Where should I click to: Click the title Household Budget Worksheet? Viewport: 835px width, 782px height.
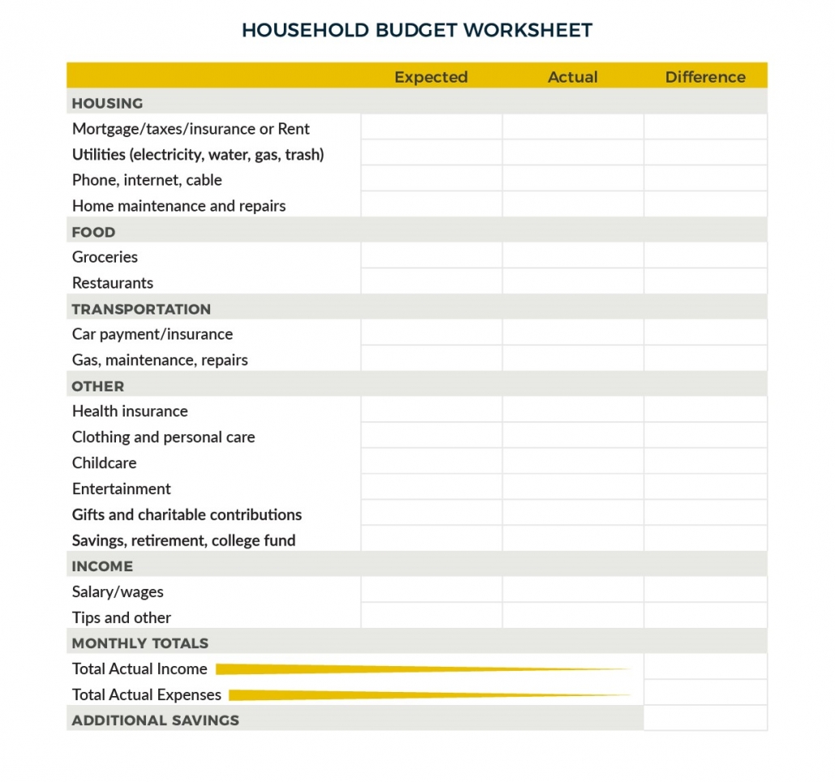[x=417, y=31]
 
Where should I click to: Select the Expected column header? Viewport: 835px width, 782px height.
[x=430, y=77]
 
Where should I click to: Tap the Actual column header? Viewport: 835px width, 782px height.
[x=572, y=77]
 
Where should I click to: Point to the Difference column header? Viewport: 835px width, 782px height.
[x=704, y=77]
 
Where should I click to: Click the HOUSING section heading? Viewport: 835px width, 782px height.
[x=107, y=103]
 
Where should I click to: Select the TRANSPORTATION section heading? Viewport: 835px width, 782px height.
[x=141, y=309]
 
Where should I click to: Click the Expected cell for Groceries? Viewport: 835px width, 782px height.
[x=431, y=257]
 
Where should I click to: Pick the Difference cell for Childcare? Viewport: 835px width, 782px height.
[x=704, y=463]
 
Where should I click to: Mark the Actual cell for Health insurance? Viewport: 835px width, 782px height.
[x=572, y=411]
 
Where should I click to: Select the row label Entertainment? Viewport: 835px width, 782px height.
[x=122, y=489]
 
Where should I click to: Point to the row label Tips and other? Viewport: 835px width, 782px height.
[x=122, y=617]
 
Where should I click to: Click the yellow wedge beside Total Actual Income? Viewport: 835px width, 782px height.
[x=365, y=669]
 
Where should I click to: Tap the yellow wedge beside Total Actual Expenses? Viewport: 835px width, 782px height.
[x=373, y=694]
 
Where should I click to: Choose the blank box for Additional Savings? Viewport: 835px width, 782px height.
[x=704, y=720]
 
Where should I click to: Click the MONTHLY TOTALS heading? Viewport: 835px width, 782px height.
[x=140, y=643]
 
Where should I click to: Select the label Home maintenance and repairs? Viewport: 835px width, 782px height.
[x=179, y=206]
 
